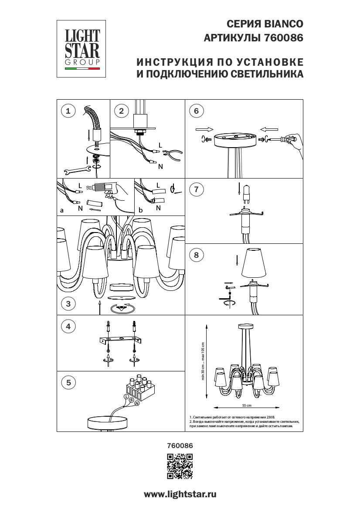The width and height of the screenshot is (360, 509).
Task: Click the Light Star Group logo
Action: coord(82,48)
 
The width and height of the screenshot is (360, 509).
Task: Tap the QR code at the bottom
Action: coord(180,466)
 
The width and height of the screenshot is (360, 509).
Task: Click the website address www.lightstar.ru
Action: coord(180,494)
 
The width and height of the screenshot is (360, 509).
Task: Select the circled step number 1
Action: coord(68,111)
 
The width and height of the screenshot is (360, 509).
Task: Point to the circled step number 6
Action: coord(196,111)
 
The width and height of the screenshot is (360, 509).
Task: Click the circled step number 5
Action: coord(68,383)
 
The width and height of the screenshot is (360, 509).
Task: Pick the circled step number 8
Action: coord(196,256)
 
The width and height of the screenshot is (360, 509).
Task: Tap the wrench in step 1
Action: coord(76,170)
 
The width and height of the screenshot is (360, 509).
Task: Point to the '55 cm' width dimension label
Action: coord(247,405)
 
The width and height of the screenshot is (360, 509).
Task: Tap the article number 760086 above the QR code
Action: coord(180,446)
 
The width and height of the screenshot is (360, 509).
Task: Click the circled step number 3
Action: coord(68,304)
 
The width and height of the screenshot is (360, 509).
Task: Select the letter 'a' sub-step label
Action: coord(62,210)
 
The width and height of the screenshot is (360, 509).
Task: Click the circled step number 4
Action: coord(68,326)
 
